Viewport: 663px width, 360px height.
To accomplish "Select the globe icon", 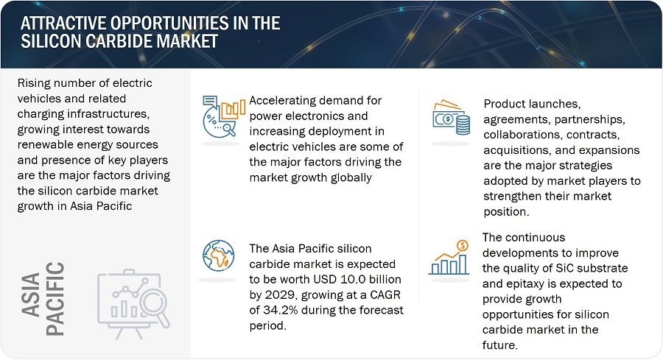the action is tap(218, 255).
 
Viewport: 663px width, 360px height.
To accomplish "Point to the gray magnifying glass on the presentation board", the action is tap(155, 308).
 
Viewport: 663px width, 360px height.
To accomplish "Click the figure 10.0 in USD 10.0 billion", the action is tap(350, 279).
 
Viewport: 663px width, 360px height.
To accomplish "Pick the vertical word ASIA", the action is tap(30, 294).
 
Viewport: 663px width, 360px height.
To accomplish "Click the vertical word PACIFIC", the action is tap(55, 299).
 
